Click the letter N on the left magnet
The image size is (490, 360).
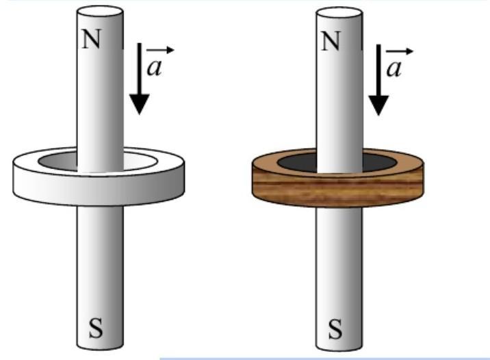pyautogui.click(x=93, y=39)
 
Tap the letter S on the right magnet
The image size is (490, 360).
pyautogui.click(x=335, y=329)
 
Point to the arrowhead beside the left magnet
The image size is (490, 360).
pyautogui.click(x=140, y=103)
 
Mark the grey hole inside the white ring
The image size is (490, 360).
pyautogui.click(x=58, y=163)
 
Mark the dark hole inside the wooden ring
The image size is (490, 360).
pyautogui.click(x=296, y=163)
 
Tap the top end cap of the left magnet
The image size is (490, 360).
pyautogui.click(x=100, y=12)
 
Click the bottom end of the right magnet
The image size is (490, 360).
pyautogui.click(x=339, y=345)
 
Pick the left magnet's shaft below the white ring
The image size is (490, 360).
pyautogui.click(x=100, y=260)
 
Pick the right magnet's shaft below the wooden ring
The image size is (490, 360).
pyautogui.click(x=339, y=260)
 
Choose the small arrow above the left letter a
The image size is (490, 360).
pyautogui.click(x=162, y=50)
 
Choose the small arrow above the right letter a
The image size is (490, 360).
pyautogui.click(x=400, y=51)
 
